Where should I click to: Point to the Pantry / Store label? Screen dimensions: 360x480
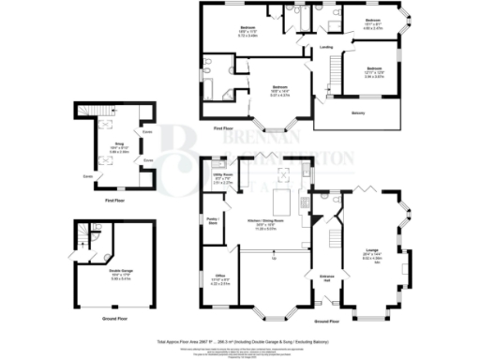pos(212,222)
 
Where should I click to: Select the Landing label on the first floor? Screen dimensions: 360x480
pos(325,46)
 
